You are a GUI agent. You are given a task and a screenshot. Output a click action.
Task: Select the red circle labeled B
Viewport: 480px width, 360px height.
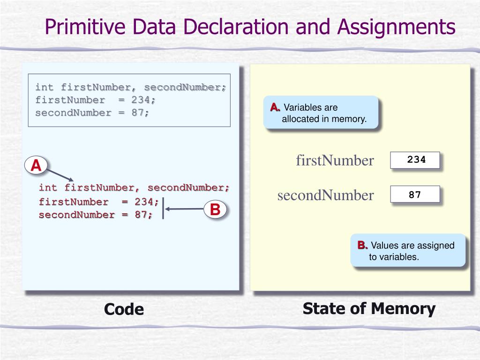pos(215,210)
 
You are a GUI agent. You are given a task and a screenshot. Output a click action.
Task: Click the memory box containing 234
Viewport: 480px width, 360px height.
pos(415,160)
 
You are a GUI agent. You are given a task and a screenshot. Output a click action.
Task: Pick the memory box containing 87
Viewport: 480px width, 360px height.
pos(415,194)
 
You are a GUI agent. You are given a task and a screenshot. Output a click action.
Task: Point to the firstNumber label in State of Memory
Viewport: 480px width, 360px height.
pos(335,161)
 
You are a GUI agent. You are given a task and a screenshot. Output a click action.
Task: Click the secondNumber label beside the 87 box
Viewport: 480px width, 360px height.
pos(325,195)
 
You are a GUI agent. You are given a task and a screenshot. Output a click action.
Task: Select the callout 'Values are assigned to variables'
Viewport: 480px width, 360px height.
pos(408,251)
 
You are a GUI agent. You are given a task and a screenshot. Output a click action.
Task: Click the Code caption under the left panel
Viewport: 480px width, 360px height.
pos(124,309)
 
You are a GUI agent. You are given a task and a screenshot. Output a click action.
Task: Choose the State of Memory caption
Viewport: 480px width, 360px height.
pos(369,309)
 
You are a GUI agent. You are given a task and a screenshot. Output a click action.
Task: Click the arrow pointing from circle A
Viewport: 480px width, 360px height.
pos(60,174)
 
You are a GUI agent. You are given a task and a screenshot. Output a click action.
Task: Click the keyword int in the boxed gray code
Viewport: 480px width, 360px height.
pos(45,87)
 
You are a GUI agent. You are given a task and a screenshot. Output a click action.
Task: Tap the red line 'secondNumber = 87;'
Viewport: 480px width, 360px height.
pos(96,215)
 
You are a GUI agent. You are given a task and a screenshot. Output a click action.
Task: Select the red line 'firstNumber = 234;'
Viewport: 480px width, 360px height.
pos(99,202)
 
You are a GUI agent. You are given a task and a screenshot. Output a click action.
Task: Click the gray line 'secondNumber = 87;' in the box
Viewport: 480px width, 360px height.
pos(92,112)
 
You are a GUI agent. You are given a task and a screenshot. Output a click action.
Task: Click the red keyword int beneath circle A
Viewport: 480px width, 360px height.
pos(48,188)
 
